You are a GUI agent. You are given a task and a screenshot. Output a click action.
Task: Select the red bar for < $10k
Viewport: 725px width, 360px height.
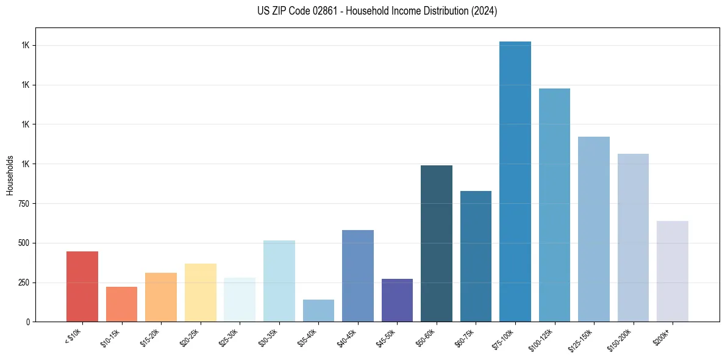click(x=82, y=286)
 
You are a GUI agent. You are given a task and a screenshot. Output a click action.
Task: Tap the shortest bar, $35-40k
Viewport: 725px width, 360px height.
click(x=318, y=311)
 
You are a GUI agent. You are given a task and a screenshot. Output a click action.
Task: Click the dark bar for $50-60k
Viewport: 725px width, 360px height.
click(x=437, y=243)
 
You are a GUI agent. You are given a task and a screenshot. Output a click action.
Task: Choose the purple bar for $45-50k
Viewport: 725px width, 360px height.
click(x=397, y=300)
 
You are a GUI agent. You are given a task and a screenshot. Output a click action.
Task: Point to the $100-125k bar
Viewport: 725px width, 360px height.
click(x=554, y=205)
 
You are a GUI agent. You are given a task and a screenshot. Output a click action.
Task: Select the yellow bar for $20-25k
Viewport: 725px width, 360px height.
click(x=201, y=292)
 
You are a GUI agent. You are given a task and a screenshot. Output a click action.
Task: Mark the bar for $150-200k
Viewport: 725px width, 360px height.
click(x=633, y=237)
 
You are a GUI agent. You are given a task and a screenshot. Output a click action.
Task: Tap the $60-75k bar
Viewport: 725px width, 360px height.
click(x=476, y=256)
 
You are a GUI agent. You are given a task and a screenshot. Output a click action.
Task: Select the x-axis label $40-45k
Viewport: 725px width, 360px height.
click(x=347, y=337)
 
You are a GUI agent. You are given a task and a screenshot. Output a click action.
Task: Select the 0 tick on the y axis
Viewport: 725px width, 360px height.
click(x=28, y=322)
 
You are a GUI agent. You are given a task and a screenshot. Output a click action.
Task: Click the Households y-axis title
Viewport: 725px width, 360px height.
click(x=10, y=175)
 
